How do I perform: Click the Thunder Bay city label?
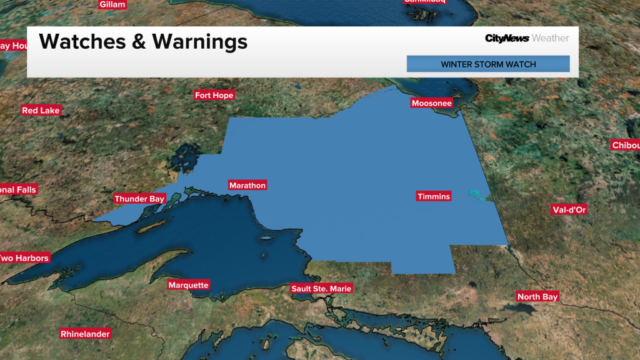coord(139,199)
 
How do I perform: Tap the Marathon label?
coord(247,186)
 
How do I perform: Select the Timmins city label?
coord(434,197)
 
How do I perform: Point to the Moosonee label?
coord(431,103)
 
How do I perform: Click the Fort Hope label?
coord(214,96)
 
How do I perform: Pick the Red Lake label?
coord(41,111)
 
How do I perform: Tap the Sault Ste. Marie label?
coord(322,289)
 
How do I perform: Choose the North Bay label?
coord(537,297)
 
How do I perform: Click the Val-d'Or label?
coord(569,209)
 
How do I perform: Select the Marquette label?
coord(188,285)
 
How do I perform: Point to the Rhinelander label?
coord(85,334)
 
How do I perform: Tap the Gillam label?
coord(112,4)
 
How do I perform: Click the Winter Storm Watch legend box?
coord(488,64)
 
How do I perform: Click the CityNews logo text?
coord(507,39)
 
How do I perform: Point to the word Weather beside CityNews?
coord(550,39)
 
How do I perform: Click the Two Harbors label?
coord(24,258)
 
